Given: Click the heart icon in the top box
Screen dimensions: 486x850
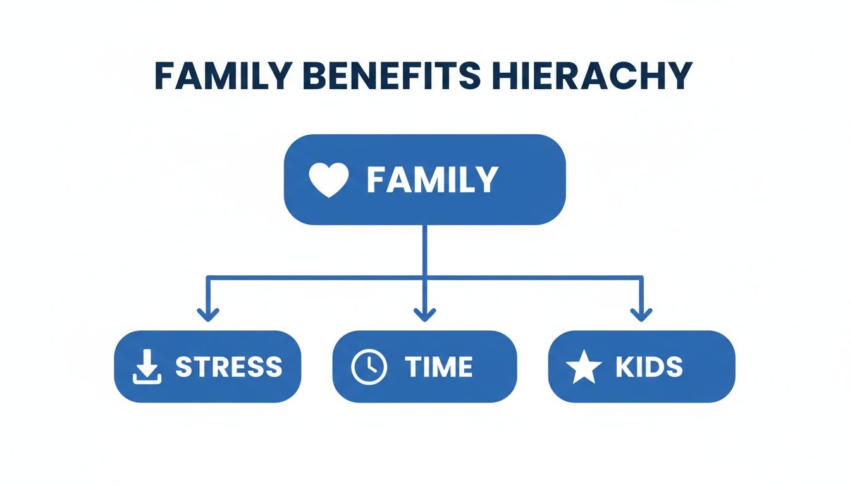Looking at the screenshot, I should click(x=328, y=179).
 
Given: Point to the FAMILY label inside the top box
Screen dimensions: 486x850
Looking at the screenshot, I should click(x=432, y=180).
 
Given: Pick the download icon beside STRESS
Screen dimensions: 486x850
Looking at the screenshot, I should click(x=147, y=368).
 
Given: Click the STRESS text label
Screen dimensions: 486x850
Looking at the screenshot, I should click(x=228, y=367).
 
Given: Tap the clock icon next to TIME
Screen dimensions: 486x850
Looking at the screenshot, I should click(x=369, y=367).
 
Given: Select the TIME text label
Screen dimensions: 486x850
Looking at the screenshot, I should click(x=438, y=367).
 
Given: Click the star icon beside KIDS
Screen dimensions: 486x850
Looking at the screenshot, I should click(x=583, y=368).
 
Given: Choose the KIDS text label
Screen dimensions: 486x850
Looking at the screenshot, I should click(x=649, y=367).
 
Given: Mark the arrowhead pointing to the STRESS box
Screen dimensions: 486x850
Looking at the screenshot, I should click(x=208, y=313).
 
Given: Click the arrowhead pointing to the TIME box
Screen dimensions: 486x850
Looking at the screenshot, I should click(x=424, y=313).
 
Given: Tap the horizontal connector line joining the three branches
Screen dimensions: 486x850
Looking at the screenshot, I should click(x=316, y=277).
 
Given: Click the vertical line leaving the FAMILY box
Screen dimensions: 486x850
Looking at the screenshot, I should click(x=424, y=250).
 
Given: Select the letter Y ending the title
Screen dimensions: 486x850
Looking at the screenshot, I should click(x=679, y=76).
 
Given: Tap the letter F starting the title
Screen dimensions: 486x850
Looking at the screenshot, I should click(x=166, y=76).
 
